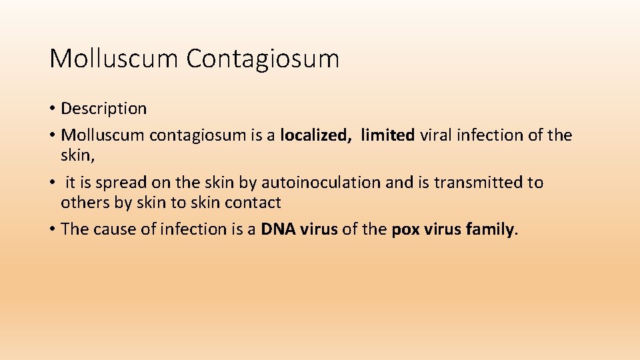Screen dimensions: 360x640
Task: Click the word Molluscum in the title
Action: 114,59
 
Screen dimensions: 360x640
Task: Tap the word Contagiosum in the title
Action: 263,59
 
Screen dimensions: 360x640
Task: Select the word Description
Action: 103,108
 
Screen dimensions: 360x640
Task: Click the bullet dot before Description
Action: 53,109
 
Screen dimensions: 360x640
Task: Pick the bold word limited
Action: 387,135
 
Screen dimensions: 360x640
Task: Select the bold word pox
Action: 405,230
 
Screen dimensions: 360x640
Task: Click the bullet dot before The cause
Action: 53,230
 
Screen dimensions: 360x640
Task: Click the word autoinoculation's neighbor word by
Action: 248,183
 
